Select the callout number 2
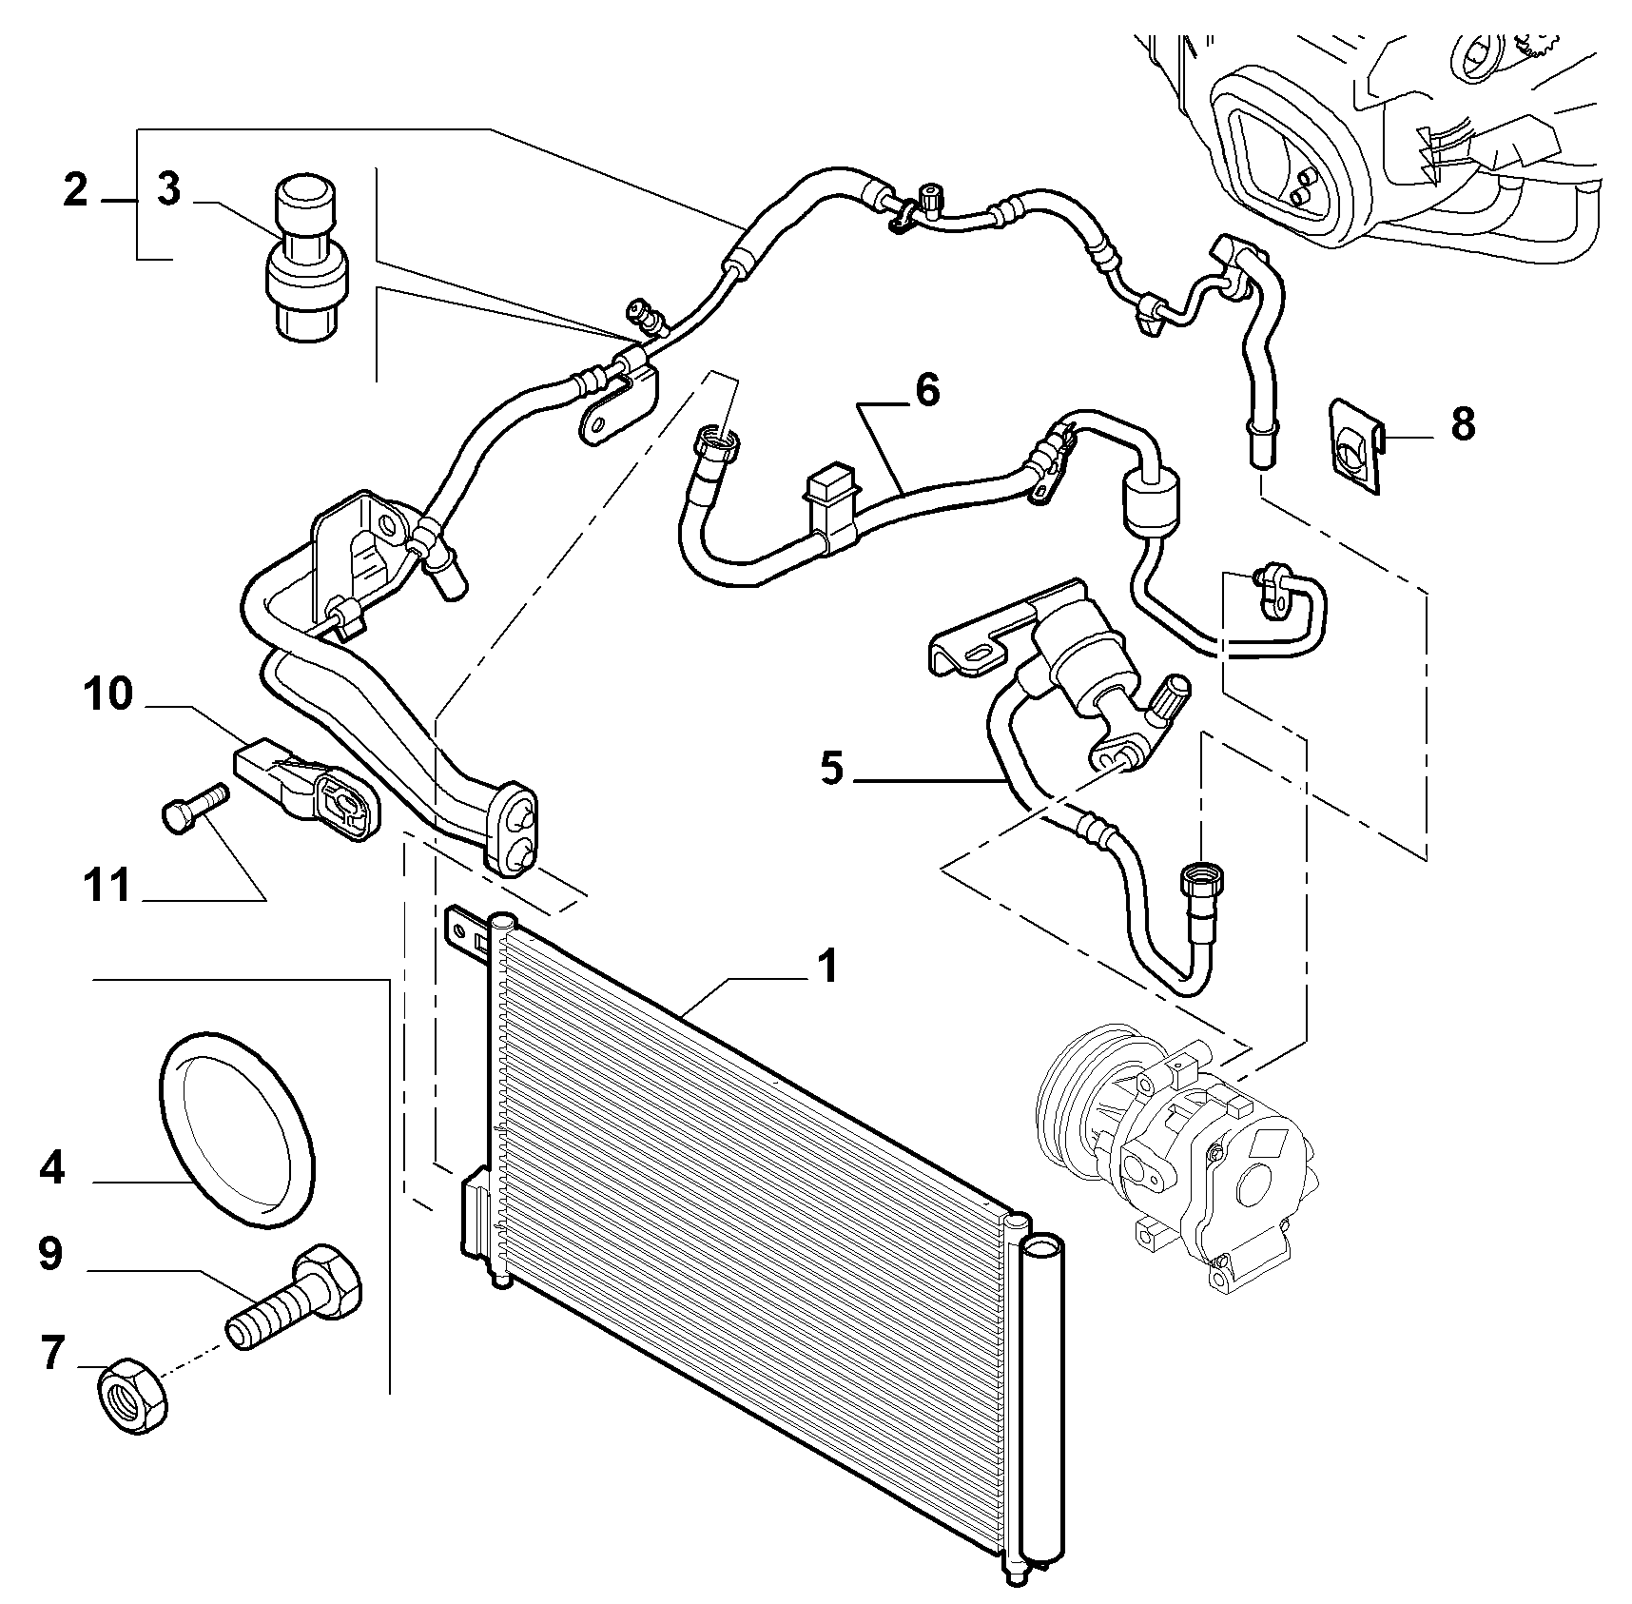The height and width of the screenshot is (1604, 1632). pos(75,190)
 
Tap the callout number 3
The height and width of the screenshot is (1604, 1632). pos(168,189)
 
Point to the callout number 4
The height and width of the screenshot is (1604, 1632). pos(51,1166)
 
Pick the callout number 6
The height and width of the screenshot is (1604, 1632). pos(926,389)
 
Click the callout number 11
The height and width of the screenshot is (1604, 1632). pos(105,886)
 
